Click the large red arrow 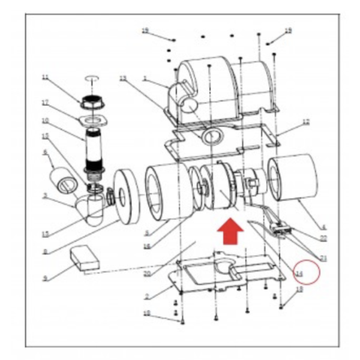(x=230, y=230)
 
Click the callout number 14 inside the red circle (x=299, y=273)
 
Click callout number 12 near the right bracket (x=306, y=122)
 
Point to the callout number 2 (x=146, y=297)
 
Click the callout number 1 (x=145, y=78)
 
